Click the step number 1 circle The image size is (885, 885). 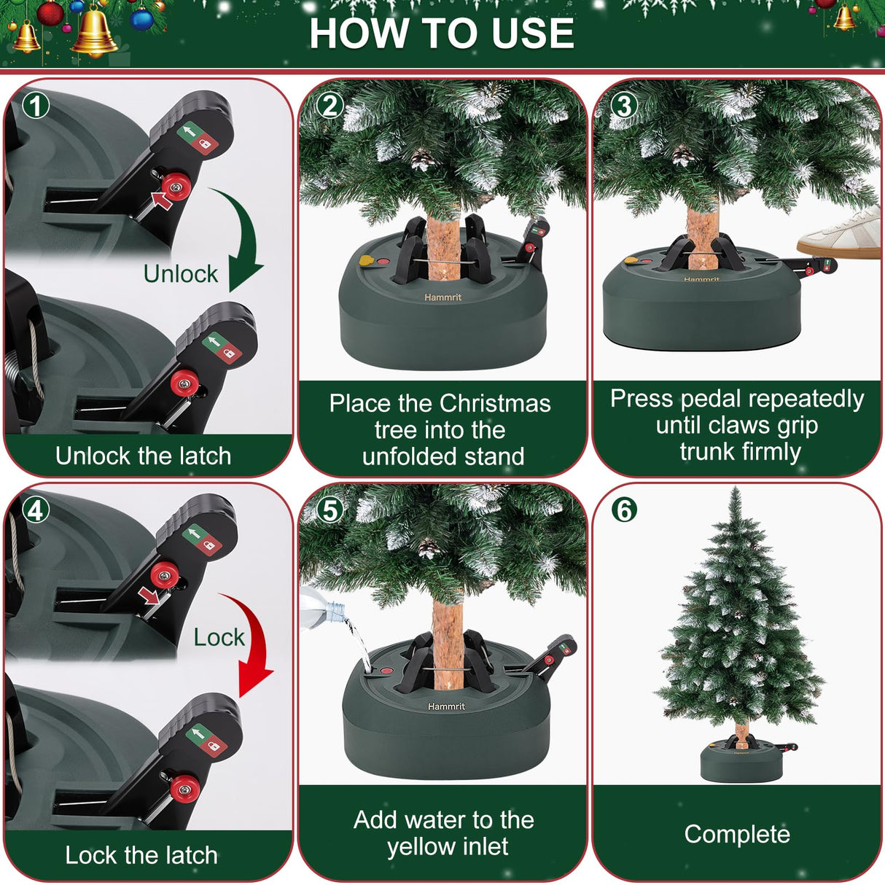35,106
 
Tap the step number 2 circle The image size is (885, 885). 330,106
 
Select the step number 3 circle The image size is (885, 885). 624,106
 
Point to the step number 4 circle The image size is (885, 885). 35,510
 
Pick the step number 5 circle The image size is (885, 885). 330,510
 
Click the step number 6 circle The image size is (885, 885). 624,510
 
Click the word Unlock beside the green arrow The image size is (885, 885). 180,274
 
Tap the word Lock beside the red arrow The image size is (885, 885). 219,637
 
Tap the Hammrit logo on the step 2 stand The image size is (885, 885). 443,297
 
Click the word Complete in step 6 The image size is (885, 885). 737,834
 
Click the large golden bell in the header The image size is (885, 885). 95,33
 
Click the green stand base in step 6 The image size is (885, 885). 740,765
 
